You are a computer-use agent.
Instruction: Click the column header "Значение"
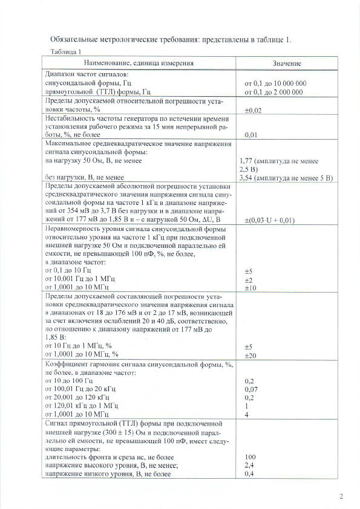coord(287,63)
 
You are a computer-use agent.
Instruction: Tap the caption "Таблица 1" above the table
coord(67,52)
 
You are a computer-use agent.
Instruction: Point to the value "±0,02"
coord(253,111)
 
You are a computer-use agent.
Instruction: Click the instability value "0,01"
coord(250,136)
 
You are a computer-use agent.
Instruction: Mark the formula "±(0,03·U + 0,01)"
coord(269,220)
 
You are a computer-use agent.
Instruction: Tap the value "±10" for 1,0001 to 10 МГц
coord(249,288)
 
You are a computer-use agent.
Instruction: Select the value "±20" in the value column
coord(249,355)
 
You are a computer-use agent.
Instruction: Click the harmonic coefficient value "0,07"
coord(251,390)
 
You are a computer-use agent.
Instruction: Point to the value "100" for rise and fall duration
coord(249,458)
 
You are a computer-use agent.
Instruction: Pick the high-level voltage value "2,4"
coord(248,466)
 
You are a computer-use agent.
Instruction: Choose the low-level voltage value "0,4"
coord(248,475)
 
